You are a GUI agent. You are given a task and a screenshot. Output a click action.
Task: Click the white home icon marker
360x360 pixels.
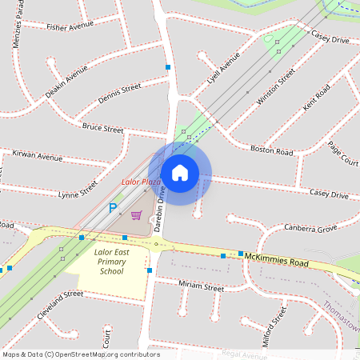[180, 173]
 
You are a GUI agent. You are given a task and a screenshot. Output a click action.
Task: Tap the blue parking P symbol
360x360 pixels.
[113, 208]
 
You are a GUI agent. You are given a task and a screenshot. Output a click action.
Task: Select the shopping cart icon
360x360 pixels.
[137, 215]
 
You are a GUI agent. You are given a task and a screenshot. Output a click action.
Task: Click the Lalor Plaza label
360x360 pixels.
[141, 182]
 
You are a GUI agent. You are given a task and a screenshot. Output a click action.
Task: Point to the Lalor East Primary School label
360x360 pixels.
[111, 262]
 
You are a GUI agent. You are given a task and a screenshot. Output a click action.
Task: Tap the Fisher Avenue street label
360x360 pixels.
[70, 26]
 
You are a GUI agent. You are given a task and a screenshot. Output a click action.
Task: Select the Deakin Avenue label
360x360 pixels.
[66, 82]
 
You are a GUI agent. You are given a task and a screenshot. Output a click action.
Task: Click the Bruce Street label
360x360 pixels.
[102, 128]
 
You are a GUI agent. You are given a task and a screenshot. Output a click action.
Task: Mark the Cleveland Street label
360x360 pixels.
[61, 305]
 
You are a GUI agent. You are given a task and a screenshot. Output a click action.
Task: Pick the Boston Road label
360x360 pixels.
[268, 149]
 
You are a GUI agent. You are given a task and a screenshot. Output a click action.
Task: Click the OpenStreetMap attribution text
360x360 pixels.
[80, 354]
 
